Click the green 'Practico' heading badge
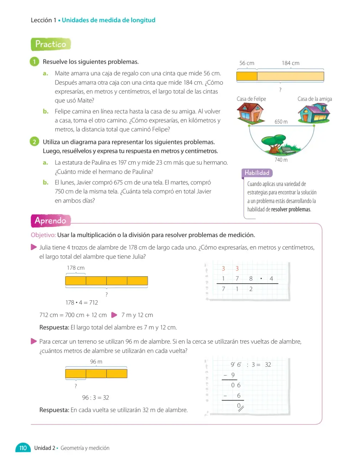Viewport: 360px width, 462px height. [x=51, y=44]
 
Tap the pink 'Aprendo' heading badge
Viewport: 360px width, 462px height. [x=51, y=221]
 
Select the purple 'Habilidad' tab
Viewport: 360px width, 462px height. [x=257, y=173]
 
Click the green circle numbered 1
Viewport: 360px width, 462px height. [x=34, y=61]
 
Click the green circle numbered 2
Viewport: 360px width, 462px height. [x=34, y=142]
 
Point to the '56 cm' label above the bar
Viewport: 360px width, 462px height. [x=247, y=63]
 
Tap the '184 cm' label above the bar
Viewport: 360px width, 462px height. [x=291, y=63]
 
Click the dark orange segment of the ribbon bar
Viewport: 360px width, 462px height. [x=247, y=76]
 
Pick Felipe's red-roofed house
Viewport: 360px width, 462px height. [x=251, y=113]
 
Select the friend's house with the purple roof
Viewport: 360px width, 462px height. [x=314, y=113]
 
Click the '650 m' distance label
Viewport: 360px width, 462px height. [x=281, y=122]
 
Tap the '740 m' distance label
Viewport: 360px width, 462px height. [x=281, y=160]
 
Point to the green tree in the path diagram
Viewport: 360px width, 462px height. [x=274, y=143]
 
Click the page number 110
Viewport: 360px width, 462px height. [x=23, y=448]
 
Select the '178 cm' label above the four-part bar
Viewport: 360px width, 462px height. [x=76, y=268]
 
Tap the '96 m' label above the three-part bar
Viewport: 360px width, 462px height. [x=96, y=362]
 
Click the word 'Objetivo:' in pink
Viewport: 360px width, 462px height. [x=43, y=235]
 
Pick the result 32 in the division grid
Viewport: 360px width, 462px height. [x=268, y=365]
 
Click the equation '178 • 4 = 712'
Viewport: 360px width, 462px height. [x=82, y=302]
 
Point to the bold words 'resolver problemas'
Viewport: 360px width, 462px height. [x=291, y=209]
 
